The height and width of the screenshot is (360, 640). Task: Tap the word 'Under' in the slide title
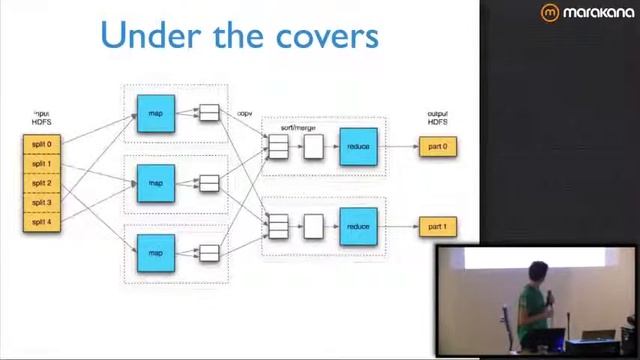(x=144, y=35)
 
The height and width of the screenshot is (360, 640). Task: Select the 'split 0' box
(x=41, y=144)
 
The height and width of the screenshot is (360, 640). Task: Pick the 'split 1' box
(x=41, y=164)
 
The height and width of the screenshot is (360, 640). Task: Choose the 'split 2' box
(x=41, y=183)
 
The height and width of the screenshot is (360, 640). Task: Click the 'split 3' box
(x=41, y=203)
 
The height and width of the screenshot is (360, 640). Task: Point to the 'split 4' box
(x=41, y=222)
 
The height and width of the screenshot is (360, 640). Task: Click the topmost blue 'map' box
(x=156, y=113)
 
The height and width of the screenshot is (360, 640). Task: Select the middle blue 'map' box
(x=156, y=183)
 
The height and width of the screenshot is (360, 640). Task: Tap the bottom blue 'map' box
(x=156, y=253)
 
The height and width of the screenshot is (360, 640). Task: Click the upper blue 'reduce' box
(x=358, y=147)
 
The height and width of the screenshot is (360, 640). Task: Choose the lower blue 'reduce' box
(x=358, y=227)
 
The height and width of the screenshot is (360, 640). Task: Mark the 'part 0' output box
(x=437, y=147)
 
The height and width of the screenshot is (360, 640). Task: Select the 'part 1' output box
(x=437, y=227)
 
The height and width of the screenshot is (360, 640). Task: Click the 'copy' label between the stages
(x=245, y=114)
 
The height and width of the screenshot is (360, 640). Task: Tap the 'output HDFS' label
(x=437, y=118)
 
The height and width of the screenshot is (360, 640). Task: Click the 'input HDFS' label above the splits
(x=41, y=118)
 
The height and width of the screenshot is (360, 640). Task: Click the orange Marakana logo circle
(x=550, y=13)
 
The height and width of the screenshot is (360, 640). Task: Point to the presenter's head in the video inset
(x=539, y=274)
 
